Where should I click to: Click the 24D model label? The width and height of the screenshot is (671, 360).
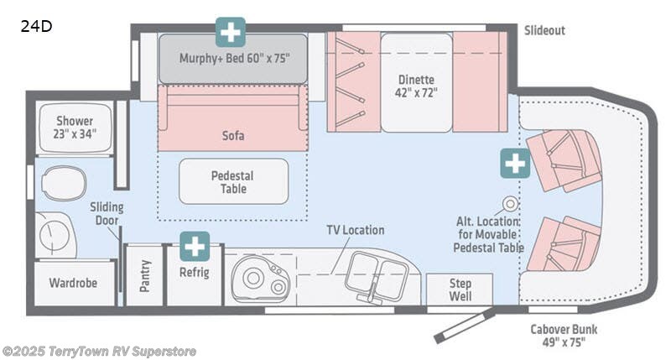(x=36, y=26)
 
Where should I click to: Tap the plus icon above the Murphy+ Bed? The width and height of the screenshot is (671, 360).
(x=231, y=32)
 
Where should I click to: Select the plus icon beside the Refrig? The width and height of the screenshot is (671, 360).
(x=195, y=246)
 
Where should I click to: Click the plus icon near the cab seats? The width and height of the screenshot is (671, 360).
(x=516, y=163)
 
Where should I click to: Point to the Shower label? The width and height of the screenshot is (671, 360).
(x=75, y=127)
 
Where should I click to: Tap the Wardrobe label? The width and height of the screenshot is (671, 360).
(x=74, y=283)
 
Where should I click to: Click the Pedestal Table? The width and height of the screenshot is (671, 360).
(x=232, y=181)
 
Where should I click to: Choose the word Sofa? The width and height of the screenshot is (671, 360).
(x=233, y=134)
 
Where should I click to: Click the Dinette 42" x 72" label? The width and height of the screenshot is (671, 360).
(x=417, y=86)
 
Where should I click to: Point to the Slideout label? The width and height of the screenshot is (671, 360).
(x=544, y=30)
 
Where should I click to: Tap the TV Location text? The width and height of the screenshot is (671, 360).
(x=356, y=230)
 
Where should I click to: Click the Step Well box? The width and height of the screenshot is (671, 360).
(x=459, y=290)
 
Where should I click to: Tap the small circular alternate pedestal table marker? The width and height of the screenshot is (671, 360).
(x=510, y=203)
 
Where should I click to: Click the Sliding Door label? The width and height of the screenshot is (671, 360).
(x=107, y=214)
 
